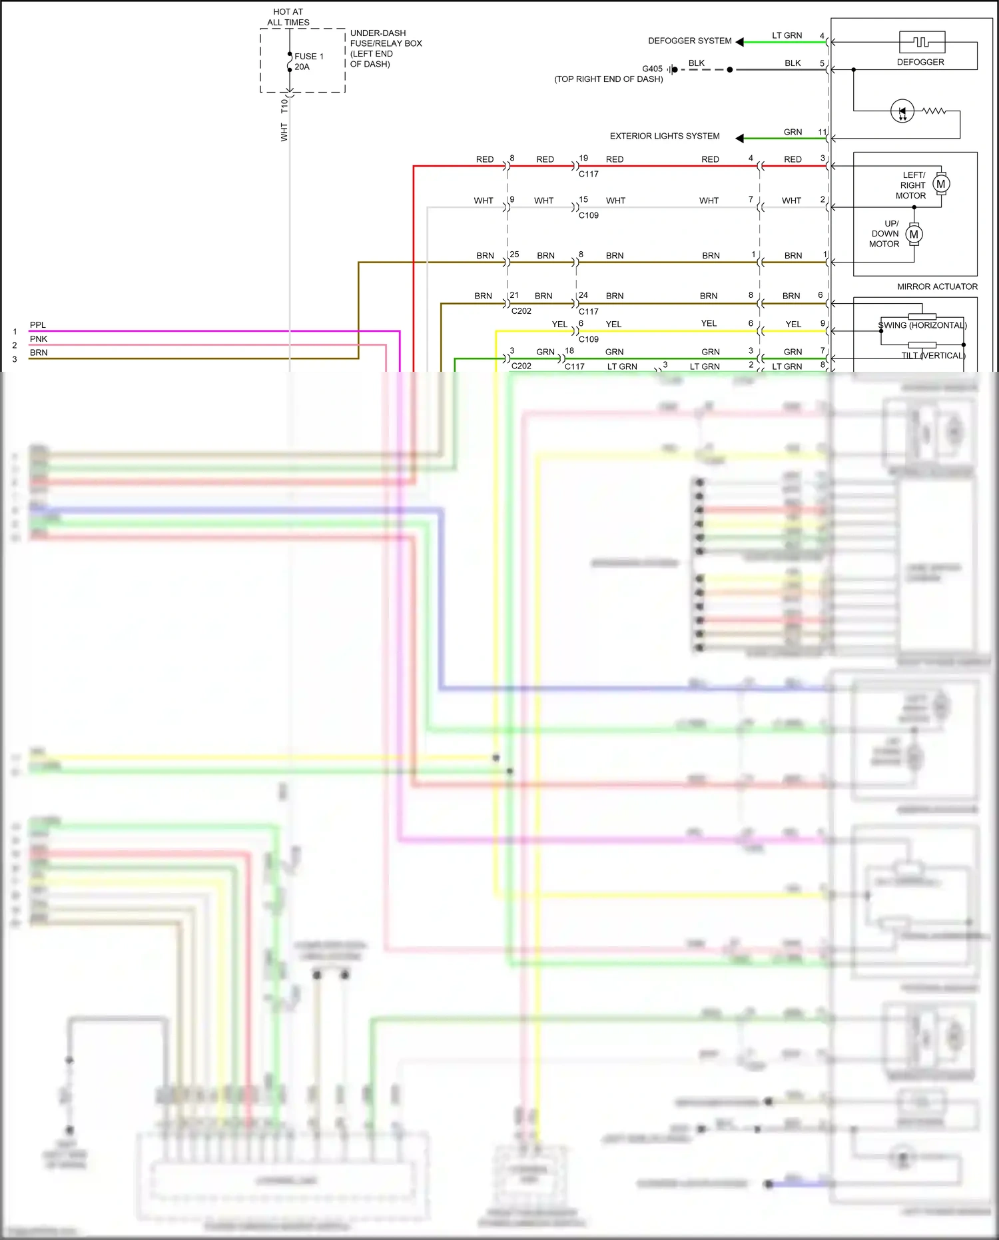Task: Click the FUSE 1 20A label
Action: point(308,61)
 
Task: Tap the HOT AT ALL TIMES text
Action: point(288,17)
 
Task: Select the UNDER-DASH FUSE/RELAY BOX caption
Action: point(386,48)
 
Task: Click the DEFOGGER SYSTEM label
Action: point(689,41)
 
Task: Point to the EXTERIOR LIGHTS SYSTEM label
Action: point(664,136)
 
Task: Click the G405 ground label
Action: point(652,69)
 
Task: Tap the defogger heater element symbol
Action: point(922,42)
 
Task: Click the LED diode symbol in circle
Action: point(902,111)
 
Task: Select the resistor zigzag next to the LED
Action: point(934,111)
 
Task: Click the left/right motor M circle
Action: point(940,184)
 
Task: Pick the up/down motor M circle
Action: point(914,234)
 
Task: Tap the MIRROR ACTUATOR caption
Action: point(936,287)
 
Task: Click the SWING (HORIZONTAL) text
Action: point(922,325)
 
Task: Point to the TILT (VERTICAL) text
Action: point(932,355)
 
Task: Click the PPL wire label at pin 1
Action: point(38,325)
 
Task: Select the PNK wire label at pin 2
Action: point(39,339)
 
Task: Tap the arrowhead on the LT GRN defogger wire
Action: point(739,42)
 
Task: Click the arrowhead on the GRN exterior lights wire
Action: point(739,138)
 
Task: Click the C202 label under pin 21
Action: point(521,310)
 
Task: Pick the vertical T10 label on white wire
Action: point(284,106)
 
